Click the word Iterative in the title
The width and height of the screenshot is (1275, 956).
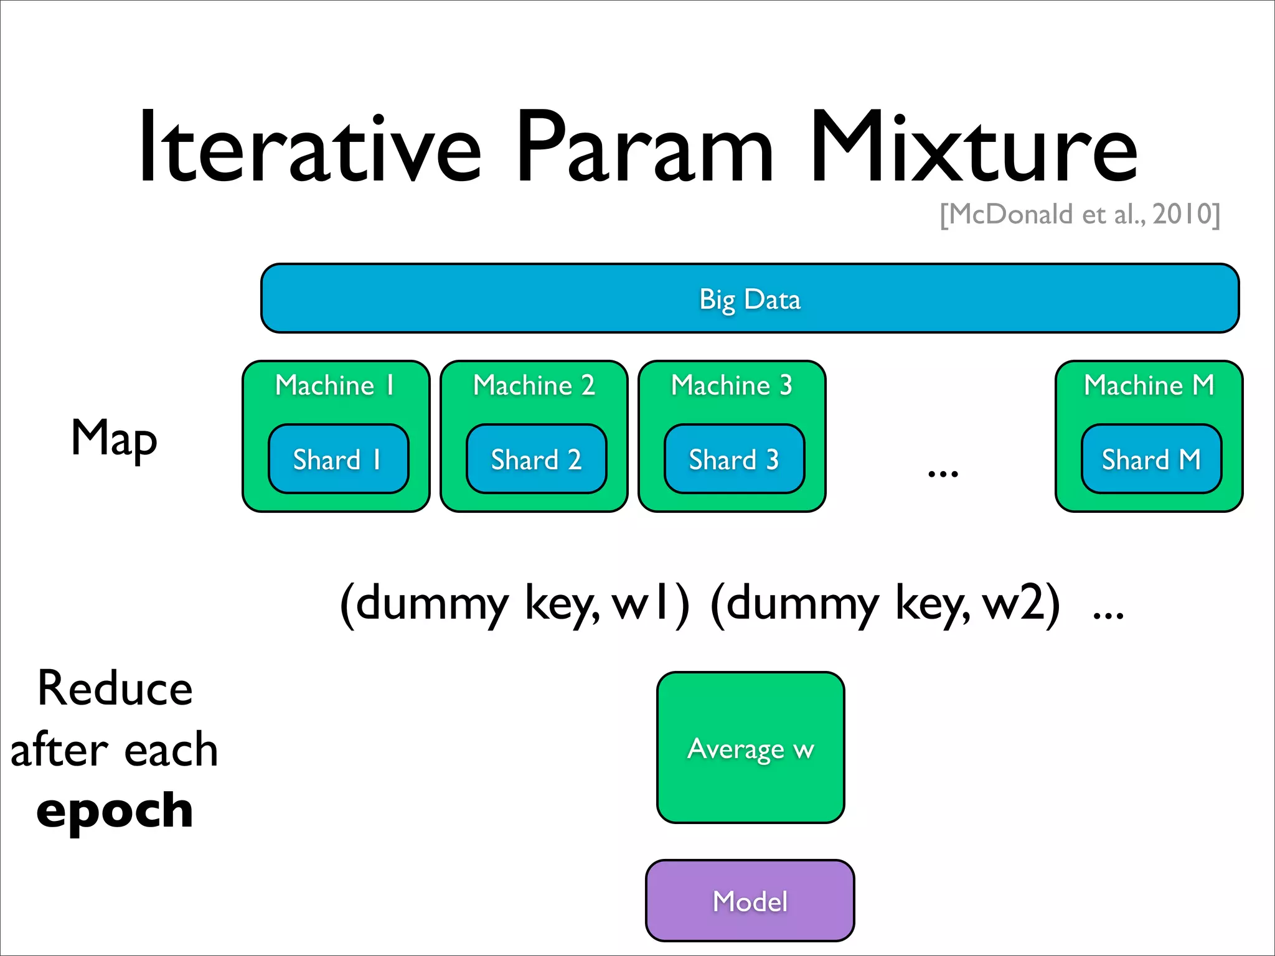tap(310, 148)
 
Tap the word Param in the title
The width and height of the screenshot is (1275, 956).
tap(644, 148)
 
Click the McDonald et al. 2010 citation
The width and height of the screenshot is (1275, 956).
tap(1080, 215)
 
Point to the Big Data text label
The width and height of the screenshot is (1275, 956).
tap(750, 299)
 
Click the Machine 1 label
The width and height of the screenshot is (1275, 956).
tap(335, 385)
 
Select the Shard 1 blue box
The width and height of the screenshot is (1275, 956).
tap(338, 459)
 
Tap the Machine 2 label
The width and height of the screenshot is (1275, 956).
tap(534, 385)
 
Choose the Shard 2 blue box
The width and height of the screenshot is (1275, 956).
tap(536, 459)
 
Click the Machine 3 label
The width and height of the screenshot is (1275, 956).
tap(732, 385)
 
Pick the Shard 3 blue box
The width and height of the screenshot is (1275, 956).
tap(734, 459)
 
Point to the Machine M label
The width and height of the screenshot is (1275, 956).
tap(1149, 385)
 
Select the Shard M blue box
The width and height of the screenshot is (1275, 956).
tap(1151, 459)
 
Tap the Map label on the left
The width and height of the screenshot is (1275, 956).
tap(114, 439)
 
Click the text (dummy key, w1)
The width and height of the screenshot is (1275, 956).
tap(514, 603)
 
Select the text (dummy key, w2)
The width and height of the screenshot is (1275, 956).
tap(885, 603)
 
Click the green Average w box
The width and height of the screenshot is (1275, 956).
tap(750, 747)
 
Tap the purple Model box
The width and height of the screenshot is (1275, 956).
tap(750, 901)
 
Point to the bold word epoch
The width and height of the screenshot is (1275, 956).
tap(115, 811)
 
